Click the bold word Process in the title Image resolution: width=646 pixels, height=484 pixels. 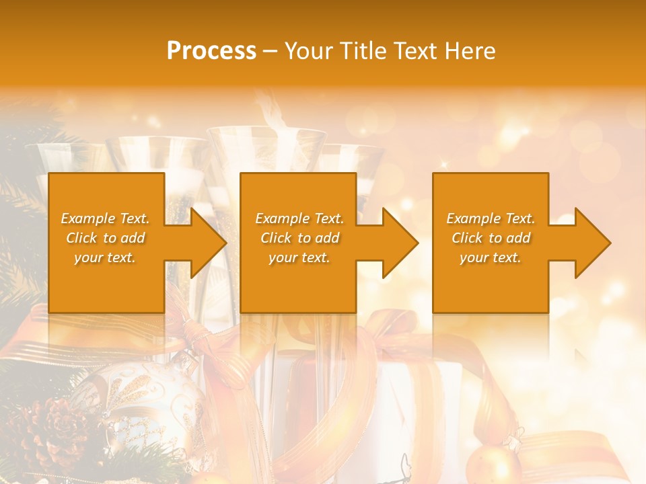pos(211,51)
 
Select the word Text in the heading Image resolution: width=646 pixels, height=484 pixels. pos(412,51)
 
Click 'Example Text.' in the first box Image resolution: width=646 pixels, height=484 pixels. pos(105,218)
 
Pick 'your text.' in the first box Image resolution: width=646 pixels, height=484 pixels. pos(105,257)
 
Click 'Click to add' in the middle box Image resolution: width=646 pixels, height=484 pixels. pos(299,238)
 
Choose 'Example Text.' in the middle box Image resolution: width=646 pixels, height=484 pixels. pos(299,218)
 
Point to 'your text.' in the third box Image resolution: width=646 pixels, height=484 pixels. pos(491,257)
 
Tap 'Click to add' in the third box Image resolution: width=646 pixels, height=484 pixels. pos(491,238)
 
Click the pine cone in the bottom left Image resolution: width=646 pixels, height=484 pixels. pos(50,430)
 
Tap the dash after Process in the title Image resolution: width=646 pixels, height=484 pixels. pos(270,51)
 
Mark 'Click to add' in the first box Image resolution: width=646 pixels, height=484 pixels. pos(105,238)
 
